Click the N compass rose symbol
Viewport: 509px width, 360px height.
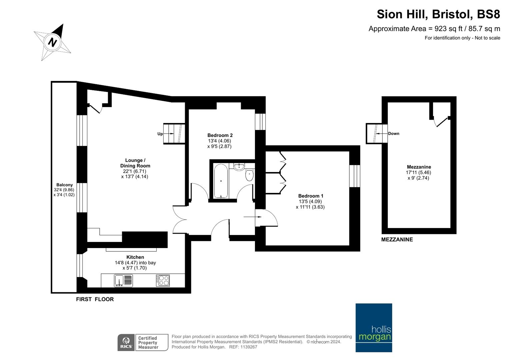click(52, 42)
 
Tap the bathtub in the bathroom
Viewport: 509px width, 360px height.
click(221, 181)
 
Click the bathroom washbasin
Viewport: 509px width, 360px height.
click(239, 167)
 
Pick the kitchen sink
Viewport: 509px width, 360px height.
click(123, 281)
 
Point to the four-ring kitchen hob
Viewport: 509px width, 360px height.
click(163, 280)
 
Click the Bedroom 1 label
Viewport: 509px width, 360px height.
click(311, 196)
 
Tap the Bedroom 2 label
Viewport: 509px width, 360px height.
click(220, 135)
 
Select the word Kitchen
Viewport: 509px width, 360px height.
click(135, 257)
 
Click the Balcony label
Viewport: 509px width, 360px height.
click(65, 185)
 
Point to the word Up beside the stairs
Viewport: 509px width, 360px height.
click(160, 134)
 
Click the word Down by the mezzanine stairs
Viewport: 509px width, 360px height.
click(394, 134)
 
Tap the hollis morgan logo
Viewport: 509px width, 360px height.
click(374, 327)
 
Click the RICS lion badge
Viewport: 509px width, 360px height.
click(126, 343)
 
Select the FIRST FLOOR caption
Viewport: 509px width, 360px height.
click(95, 299)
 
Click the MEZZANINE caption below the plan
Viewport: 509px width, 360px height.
click(397, 240)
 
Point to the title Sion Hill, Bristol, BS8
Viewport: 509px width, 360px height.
click(438, 14)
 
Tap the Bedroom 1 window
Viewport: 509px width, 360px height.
click(354, 176)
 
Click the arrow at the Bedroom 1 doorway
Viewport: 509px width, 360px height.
click(252, 217)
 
